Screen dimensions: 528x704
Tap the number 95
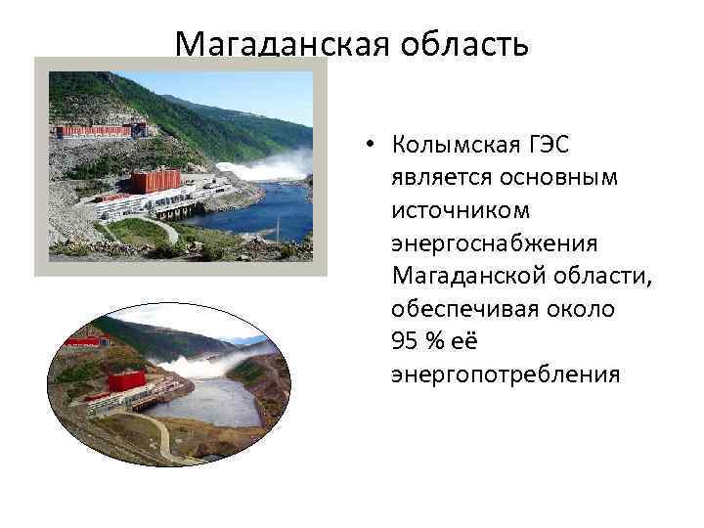(404, 341)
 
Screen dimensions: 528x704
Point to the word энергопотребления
(505, 374)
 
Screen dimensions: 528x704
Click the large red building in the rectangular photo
(156, 181)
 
